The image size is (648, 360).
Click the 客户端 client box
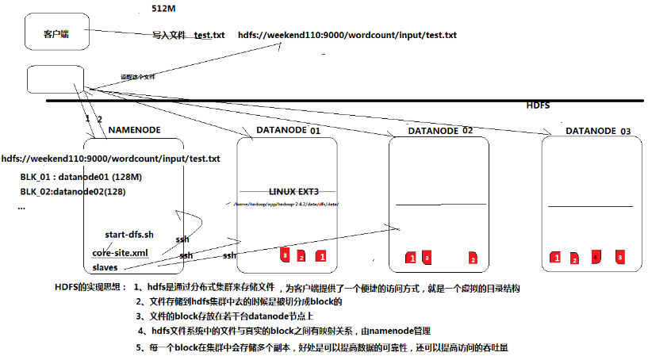[x=55, y=34]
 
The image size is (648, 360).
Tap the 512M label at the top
[x=165, y=9]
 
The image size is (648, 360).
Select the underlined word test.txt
[x=209, y=36]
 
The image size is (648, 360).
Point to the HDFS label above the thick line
[x=538, y=105]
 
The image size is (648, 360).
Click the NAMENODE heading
[x=135, y=129]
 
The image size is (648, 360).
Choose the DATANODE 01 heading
[x=288, y=129]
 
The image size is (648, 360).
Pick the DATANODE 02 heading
[x=440, y=130]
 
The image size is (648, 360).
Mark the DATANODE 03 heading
[x=598, y=130]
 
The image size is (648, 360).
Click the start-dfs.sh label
[x=128, y=235]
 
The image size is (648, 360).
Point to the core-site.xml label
[x=120, y=252]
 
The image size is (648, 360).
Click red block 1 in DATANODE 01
[x=321, y=256]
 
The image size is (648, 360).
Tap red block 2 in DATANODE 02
[x=473, y=259]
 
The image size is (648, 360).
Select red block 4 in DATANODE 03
[x=596, y=257]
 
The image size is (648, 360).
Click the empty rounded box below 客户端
[x=50, y=79]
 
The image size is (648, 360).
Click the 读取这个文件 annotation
[x=137, y=77]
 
